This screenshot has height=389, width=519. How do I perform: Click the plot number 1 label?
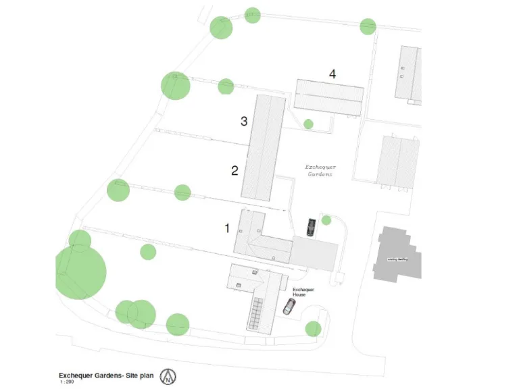[x=228, y=228]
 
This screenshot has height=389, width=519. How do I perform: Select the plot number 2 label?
[x=234, y=170]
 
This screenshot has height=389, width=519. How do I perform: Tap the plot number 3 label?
[x=245, y=122]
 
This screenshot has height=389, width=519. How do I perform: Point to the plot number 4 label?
[x=332, y=74]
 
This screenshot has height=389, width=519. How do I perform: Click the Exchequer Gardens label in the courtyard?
[x=320, y=170]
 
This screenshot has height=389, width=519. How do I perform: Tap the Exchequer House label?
[x=303, y=292]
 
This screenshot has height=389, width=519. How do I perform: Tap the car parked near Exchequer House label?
[x=289, y=307]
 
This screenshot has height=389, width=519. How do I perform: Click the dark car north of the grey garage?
[x=311, y=227]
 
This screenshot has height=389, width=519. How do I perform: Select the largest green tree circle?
[x=80, y=272]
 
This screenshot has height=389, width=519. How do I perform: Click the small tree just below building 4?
[x=308, y=124]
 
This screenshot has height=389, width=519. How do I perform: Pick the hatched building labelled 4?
[x=329, y=97]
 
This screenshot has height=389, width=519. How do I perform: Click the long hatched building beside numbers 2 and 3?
[x=264, y=147]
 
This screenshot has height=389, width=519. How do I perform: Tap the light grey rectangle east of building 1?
[x=314, y=253]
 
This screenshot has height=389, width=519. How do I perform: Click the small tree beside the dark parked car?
[x=326, y=220]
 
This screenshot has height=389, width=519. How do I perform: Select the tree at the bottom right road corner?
[x=313, y=329]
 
